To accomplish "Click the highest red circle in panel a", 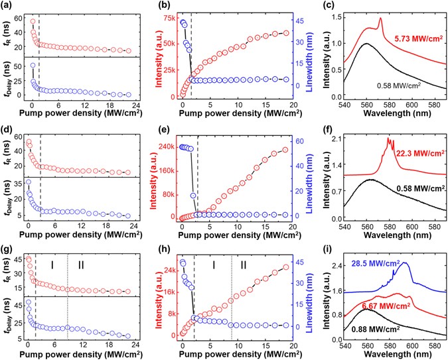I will coord(33,21).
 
